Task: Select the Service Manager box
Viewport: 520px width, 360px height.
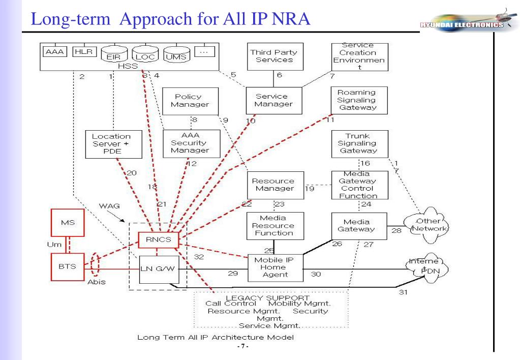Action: tap(273, 100)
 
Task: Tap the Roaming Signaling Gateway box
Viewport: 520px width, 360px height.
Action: tap(359, 100)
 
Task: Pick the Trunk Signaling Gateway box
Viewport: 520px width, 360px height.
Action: tap(359, 144)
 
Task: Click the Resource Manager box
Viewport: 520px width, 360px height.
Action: tap(273, 185)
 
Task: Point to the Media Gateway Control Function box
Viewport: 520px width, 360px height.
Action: tap(359, 185)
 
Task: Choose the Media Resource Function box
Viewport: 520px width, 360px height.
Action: tap(273, 226)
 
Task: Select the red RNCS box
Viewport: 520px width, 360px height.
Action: tap(157, 239)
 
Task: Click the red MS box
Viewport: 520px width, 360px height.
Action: tap(68, 223)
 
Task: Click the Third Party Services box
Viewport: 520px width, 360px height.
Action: tap(274, 56)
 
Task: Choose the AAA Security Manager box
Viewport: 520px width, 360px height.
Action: tap(190, 144)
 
